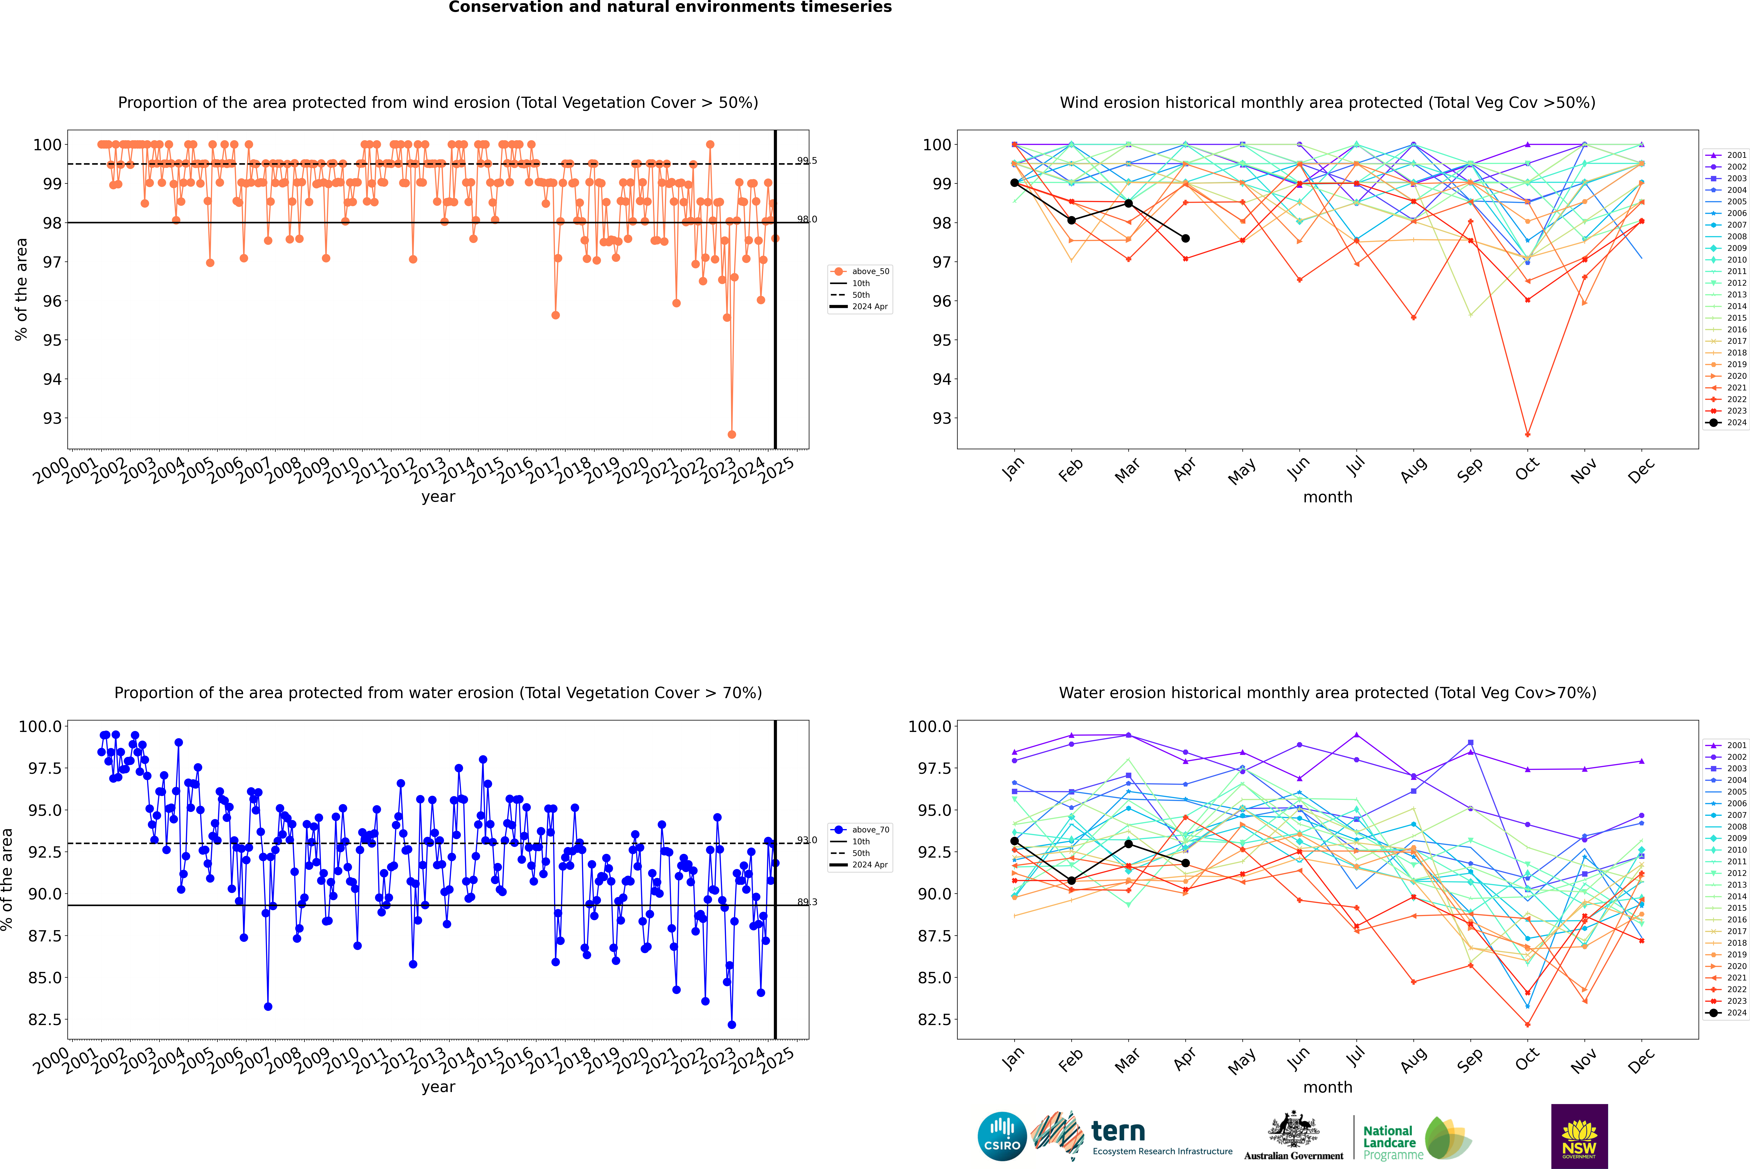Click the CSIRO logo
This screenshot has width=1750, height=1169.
[x=1002, y=1136]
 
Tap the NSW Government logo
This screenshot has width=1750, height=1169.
[x=1579, y=1136]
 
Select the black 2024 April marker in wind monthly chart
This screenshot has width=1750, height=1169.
[x=1185, y=238]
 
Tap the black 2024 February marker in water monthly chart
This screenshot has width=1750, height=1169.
[x=1071, y=881]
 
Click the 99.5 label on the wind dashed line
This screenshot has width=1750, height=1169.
[x=806, y=161]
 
